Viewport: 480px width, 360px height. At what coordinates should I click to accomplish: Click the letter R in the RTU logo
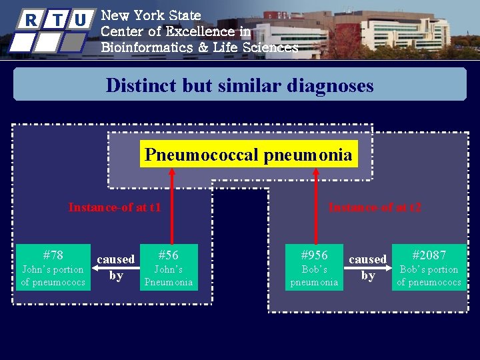[29, 20]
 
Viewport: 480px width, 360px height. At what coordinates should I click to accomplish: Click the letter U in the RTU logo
[81, 20]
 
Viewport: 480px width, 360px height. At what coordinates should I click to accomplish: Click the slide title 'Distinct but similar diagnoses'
[239, 85]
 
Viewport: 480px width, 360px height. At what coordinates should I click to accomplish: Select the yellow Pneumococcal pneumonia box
[248, 155]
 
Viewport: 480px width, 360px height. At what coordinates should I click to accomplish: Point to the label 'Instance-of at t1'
[115, 207]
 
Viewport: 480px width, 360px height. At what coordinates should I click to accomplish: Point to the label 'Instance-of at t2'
[375, 207]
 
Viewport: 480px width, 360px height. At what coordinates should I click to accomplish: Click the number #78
[53, 255]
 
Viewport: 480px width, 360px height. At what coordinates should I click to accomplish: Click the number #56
[168, 255]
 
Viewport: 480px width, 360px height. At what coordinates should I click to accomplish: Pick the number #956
[314, 255]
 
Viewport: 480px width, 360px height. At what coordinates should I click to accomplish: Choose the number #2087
[429, 255]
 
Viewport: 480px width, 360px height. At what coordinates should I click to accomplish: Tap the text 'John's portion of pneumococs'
[53, 276]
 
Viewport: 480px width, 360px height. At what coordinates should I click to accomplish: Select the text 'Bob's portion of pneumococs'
[429, 276]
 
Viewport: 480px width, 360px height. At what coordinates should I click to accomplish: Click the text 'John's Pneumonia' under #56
[168, 276]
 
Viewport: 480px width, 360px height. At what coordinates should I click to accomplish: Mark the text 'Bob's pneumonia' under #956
[314, 276]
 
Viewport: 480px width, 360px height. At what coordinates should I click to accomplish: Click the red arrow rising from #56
[172, 207]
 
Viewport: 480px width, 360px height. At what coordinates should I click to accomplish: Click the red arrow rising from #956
[317, 207]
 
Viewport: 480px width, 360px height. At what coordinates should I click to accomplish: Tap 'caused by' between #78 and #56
[116, 267]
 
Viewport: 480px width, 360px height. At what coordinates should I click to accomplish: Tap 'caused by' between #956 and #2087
[368, 267]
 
